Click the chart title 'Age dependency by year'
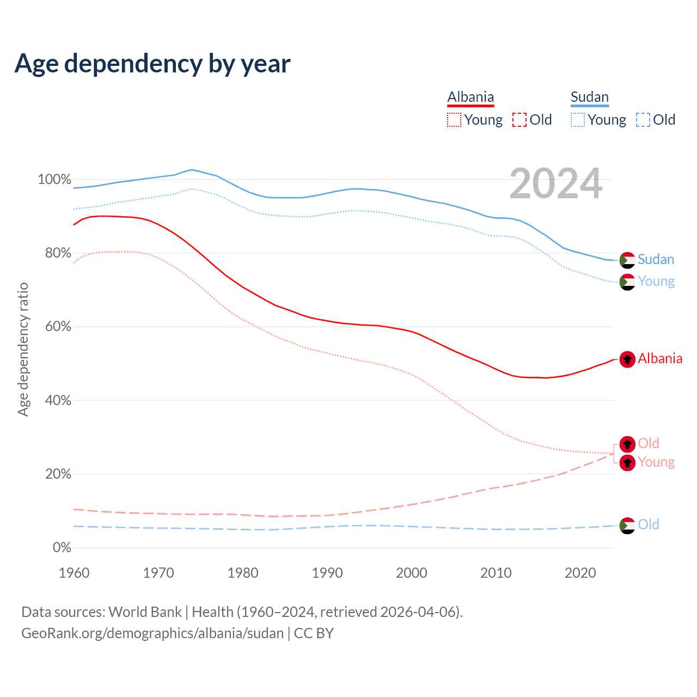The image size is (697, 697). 152,64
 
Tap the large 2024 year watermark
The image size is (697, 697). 555,184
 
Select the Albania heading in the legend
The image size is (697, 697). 470,97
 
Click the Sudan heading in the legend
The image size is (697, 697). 589,97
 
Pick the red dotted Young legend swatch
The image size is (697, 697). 454,120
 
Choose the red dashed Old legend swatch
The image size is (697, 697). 519,120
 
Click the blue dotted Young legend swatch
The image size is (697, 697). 577,120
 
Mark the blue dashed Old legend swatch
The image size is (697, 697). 643,120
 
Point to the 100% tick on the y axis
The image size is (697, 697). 54,179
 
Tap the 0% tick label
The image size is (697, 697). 62,547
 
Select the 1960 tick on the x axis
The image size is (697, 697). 74,573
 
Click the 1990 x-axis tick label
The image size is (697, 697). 327,573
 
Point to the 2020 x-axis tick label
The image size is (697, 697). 580,573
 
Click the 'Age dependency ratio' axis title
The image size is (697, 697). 23,349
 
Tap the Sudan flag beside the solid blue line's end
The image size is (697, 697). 627,260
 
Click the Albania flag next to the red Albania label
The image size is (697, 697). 627,359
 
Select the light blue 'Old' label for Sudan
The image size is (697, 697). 649,524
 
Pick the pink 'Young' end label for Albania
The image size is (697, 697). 656,462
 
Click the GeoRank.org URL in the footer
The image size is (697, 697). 152,633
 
